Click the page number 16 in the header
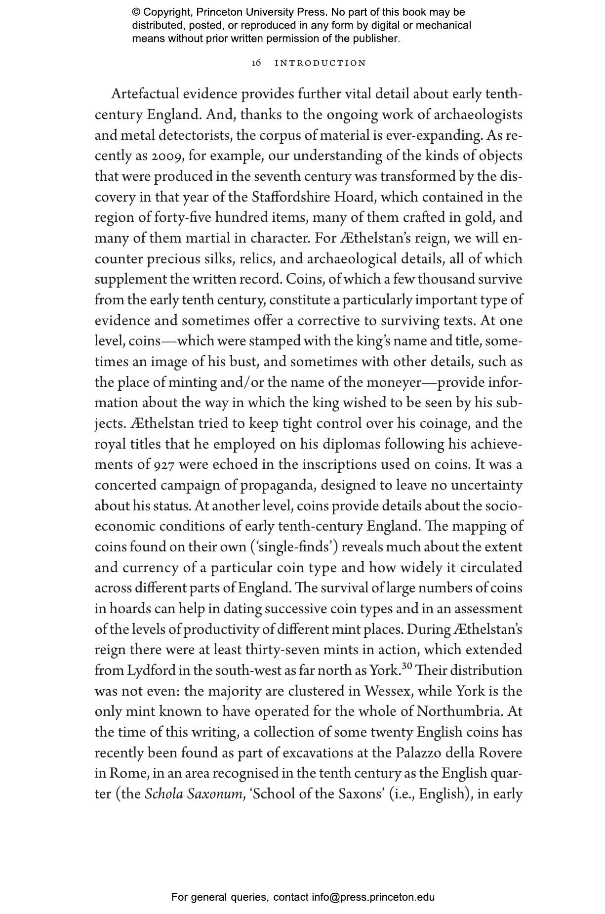[256, 63]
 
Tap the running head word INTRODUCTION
[321, 63]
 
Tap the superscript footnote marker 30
[407, 666]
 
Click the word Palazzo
[418, 753]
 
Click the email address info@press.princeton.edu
[373, 897]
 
